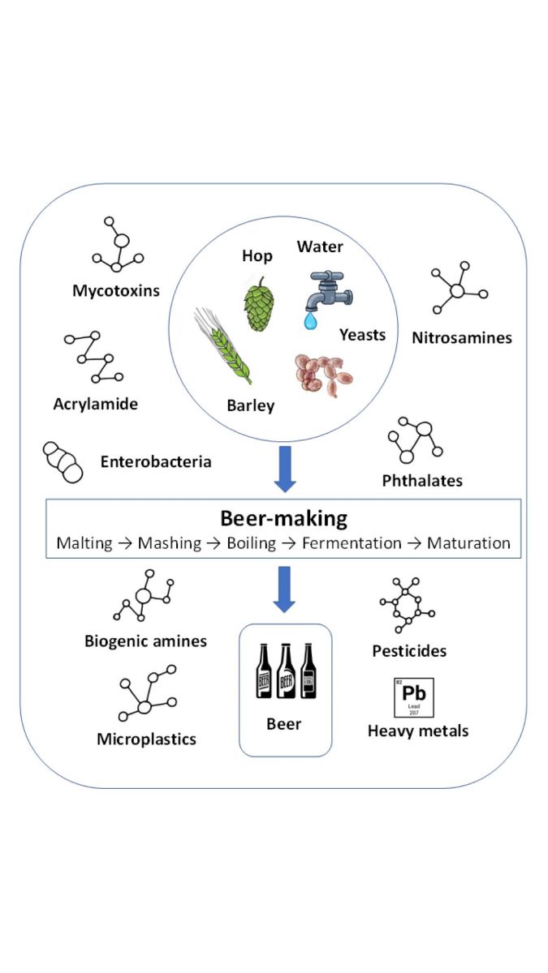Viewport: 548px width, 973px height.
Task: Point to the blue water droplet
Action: [x=309, y=322]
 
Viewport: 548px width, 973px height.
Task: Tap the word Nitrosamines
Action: [x=461, y=337]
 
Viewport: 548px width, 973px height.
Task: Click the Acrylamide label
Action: [x=96, y=403]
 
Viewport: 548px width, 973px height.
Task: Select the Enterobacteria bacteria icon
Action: [x=63, y=462]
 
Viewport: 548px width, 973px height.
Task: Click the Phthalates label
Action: [x=422, y=480]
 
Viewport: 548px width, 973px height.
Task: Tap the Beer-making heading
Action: [x=283, y=519]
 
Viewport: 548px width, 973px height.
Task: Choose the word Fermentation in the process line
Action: [x=352, y=542]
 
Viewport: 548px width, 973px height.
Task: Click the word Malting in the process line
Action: [x=84, y=542]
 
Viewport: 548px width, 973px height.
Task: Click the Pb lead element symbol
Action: [x=414, y=698]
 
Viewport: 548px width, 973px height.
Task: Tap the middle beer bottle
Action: [x=286, y=671]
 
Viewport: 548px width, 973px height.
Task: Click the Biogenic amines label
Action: [x=145, y=641]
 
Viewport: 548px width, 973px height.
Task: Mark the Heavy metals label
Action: [x=418, y=731]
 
